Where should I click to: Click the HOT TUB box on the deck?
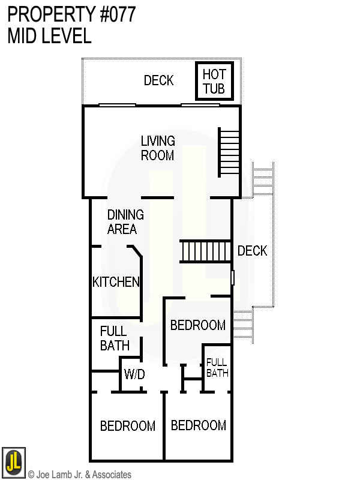pos(214,82)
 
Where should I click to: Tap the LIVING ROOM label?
pos(158,148)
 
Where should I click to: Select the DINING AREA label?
pos(125,222)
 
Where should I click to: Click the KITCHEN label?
pos(116,282)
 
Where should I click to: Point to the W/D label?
pos(134,374)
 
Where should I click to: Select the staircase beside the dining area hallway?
pos(206,251)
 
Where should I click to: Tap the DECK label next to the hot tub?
pos(158,80)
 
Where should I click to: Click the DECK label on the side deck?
pos(252,251)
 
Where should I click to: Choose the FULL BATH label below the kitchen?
pos(114,338)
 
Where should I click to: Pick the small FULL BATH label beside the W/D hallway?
pos(217,367)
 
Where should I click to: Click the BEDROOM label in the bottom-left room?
pos(128,426)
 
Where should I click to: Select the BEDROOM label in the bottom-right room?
pos(199,425)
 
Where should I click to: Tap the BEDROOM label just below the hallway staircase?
pos(198,325)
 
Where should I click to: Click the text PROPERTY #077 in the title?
pos(71,14)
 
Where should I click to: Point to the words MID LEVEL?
pos(49,36)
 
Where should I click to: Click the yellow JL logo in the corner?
pos(13,462)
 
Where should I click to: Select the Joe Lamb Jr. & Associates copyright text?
pos(79,475)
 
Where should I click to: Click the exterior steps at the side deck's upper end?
pos(263,179)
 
